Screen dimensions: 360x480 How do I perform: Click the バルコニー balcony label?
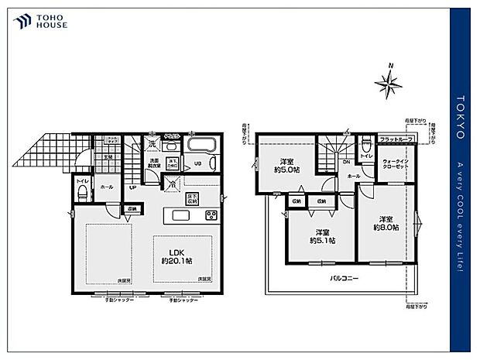click(x=345, y=277)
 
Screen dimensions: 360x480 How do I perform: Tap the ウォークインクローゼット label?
click(x=396, y=164)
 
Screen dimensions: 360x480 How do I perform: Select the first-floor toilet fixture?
click(x=82, y=195)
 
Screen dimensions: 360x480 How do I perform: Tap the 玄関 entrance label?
click(x=108, y=157)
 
